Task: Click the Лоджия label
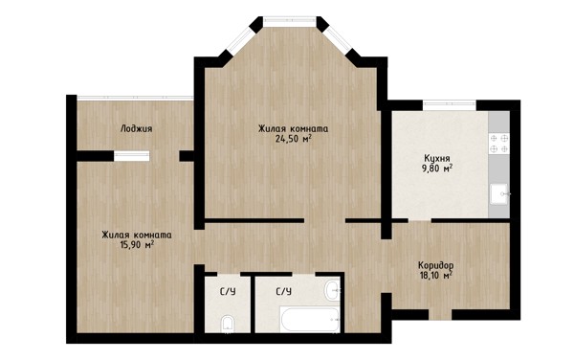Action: click(x=136, y=129)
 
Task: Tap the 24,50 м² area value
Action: click(x=294, y=139)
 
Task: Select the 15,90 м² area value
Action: click(x=137, y=244)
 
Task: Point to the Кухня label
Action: click(x=437, y=159)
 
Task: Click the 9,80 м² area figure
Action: click(x=437, y=169)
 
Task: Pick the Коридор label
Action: click(x=436, y=265)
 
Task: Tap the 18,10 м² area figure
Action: click(x=435, y=275)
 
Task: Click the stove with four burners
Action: click(x=499, y=144)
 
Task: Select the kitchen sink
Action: click(x=499, y=194)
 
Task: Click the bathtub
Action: click(x=310, y=320)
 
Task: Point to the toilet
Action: click(x=228, y=325)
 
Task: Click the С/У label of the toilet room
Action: click(x=228, y=292)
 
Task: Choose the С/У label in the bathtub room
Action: click(x=284, y=292)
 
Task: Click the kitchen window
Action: click(x=450, y=105)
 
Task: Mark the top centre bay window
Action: click(x=290, y=21)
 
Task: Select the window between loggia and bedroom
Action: click(x=131, y=156)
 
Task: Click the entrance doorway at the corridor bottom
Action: click(x=440, y=315)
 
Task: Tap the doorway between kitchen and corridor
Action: click(x=420, y=220)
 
